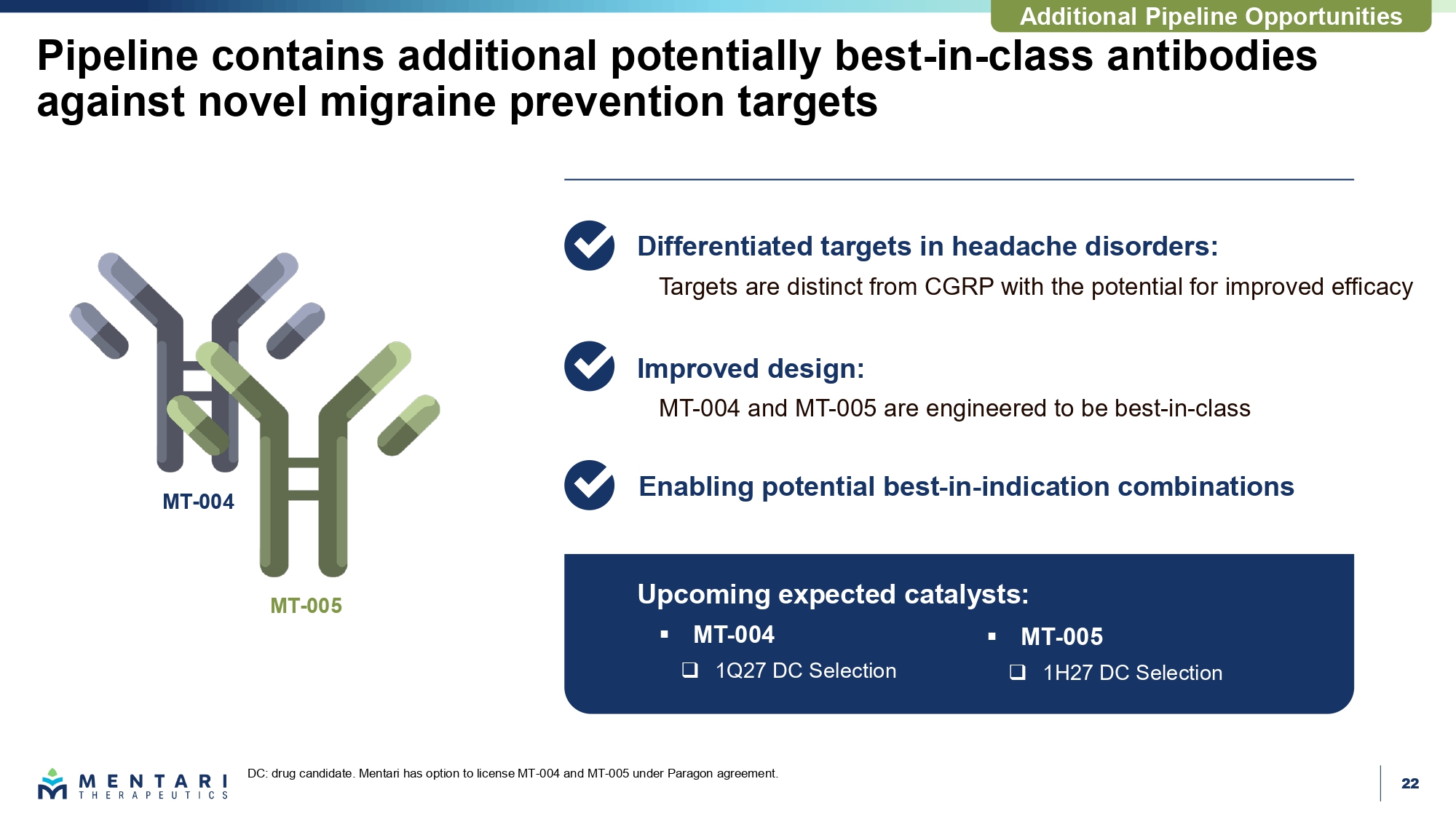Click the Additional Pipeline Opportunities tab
pos(1211,16)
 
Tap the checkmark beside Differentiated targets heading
pos(590,245)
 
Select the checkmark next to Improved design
pos(590,366)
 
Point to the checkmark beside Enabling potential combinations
pos(590,485)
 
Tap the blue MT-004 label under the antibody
pos(198,502)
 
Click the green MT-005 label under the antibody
pos(306,606)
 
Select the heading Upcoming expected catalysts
pos(833,594)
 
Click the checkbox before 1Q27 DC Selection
pos(690,670)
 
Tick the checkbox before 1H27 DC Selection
pos(1018,672)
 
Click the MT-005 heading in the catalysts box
pos(1061,637)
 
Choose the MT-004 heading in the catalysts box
pos(734,635)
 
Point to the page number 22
pos(1410,783)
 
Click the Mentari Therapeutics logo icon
pos(52,784)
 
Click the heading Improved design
pos(751,368)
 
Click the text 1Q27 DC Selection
pos(806,670)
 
